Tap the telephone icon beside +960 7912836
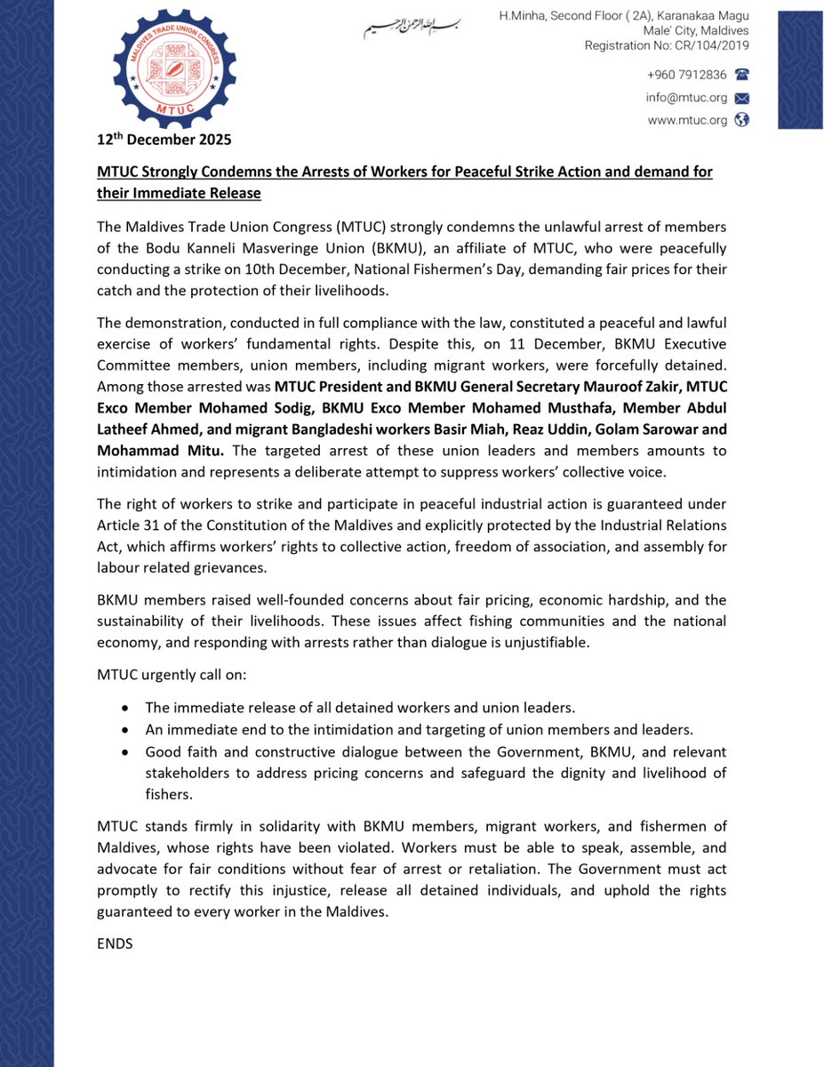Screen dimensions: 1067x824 742,76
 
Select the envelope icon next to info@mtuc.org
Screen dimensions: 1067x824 742,98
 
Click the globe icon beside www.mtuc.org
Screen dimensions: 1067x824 742,120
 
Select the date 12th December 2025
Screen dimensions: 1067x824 164,140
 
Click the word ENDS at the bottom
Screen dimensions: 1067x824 115,943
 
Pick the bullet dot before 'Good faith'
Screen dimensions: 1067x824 126,751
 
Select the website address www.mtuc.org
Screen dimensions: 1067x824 687,120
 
